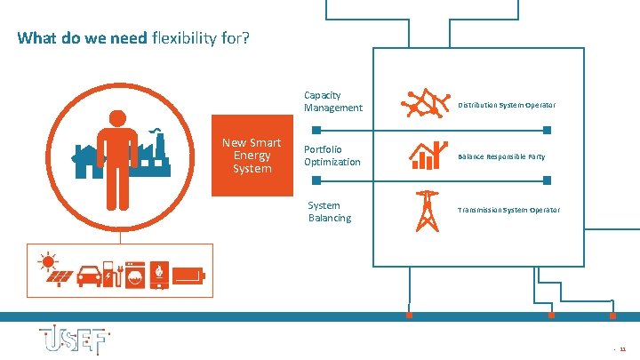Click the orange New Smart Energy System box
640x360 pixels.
(x=252, y=156)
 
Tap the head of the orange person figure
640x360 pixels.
(x=117, y=118)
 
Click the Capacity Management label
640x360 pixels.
(x=333, y=101)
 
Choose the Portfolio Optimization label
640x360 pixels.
(x=332, y=156)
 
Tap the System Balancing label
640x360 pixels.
(x=330, y=212)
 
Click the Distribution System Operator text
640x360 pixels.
(x=507, y=105)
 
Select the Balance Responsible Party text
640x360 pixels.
(x=501, y=156)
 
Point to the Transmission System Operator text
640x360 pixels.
(x=508, y=210)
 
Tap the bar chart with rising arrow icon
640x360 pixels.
(x=428, y=156)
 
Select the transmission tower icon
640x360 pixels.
(x=428, y=212)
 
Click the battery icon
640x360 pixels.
(x=189, y=276)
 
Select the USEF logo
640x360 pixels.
(x=73, y=341)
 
